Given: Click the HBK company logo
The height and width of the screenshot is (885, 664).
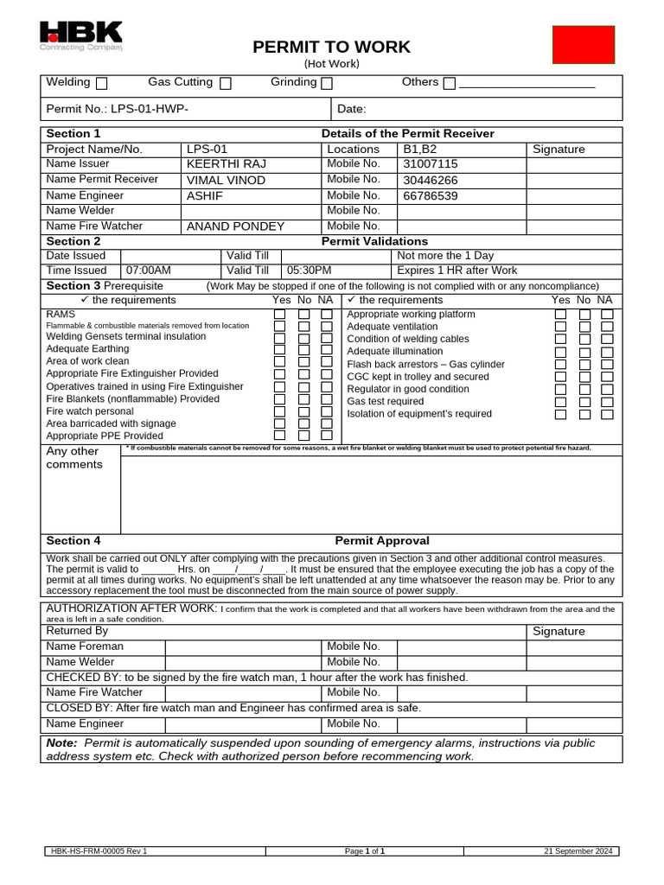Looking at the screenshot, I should pos(81,36).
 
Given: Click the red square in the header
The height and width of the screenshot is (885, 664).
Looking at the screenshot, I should pos(584,45).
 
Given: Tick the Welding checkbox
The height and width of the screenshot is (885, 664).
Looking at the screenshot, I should pos(102,84).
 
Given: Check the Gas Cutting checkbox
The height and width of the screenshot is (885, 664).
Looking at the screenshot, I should pos(226,84).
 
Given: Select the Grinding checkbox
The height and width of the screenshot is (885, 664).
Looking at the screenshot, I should pos(327,84).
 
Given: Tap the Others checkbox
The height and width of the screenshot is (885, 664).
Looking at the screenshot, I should pos(449,84).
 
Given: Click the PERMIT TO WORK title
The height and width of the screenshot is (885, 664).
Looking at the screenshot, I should pos(331,48).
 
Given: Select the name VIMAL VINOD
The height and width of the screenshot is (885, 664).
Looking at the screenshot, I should pos(226,180).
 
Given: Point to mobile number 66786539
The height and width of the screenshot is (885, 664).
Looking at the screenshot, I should pos(431,195).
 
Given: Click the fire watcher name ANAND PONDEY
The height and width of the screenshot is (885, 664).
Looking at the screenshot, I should pos(235,226).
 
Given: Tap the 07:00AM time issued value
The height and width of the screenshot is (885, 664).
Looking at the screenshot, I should pos(149,271).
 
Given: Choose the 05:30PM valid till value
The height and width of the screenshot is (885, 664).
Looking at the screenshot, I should pos(309,271).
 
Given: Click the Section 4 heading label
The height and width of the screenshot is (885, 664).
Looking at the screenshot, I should pos(73,541).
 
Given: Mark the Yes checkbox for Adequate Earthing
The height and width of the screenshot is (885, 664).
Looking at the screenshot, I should pos(279,350).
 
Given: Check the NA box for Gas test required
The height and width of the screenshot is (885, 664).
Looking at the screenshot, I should pos(607,402).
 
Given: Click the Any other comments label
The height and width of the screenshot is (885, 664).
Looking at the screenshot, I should pos(74,458).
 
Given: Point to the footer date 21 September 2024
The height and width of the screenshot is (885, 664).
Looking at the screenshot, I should pos(578,851).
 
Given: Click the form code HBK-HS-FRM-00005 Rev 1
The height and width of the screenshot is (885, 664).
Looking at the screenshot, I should pos(99,851).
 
